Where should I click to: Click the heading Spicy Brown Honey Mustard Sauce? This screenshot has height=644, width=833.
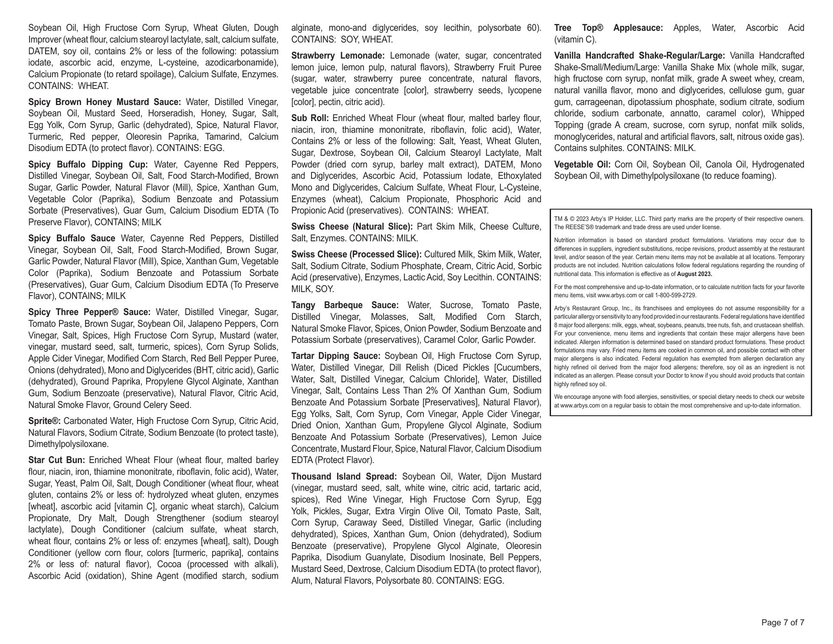point(105,102)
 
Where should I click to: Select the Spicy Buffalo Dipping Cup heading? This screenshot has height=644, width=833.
point(88,164)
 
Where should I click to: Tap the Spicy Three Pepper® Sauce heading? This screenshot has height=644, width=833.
point(89,312)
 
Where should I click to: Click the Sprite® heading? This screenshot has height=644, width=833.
point(44,421)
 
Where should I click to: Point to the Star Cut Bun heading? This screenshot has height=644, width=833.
point(56,460)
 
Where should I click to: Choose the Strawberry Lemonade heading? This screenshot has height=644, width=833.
point(338,56)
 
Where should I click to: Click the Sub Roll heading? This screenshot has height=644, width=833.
point(310,118)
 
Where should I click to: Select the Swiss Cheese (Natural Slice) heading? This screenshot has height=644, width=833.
point(352,227)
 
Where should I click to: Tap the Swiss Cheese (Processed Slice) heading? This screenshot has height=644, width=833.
point(356,254)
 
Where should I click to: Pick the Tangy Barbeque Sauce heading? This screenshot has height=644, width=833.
point(345,305)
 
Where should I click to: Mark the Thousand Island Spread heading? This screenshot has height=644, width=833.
point(344,476)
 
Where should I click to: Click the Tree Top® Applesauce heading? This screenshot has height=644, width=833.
point(608,28)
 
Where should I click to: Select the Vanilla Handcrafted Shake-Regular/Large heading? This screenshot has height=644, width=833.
point(640,56)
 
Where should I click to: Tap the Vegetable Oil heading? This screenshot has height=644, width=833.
point(582,164)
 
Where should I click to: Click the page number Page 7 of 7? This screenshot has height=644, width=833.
point(783,623)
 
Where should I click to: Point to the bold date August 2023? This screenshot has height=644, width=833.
point(694,274)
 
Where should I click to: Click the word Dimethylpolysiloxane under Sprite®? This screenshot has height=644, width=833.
point(68,444)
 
